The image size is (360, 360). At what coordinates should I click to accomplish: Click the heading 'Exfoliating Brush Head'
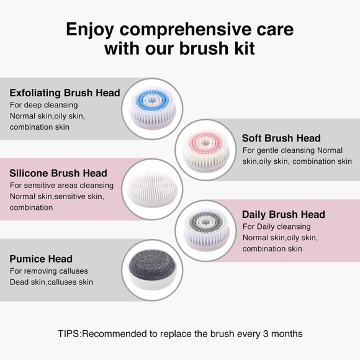(65, 93)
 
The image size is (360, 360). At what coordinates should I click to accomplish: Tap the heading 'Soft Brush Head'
(281, 138)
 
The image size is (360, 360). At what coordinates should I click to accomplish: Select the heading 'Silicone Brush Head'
(58, 173)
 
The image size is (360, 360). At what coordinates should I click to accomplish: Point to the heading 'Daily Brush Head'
(283, 215)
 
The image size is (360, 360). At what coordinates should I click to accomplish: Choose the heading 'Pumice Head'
(41, 259)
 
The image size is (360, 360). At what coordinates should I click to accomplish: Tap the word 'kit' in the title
(241, 48)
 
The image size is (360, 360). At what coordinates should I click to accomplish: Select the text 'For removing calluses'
(50, 271)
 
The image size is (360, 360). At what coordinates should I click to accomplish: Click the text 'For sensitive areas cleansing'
(61, 185)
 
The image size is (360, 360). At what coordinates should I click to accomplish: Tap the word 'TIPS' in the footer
(68, 333)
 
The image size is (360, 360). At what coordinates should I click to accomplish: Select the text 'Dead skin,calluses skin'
(52, 282)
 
